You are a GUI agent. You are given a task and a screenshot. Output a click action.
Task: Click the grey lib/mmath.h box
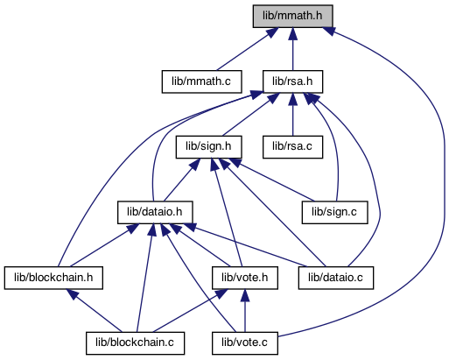(x=292, y=17)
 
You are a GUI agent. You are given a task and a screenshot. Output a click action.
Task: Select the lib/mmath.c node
(x=201, y=81)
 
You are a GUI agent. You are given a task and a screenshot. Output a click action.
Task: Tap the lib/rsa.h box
(x=292, y=81)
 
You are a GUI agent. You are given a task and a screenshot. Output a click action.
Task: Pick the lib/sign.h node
(x=208, y=147)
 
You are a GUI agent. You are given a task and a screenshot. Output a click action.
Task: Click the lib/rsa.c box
(x=292, y=147)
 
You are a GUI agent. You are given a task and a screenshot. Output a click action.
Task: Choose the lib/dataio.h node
(x=155, y=213)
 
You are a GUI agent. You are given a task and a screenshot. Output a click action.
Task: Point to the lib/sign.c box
(x=334, y=213)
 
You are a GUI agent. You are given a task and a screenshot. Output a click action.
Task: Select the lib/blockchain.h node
(x=53, y=278)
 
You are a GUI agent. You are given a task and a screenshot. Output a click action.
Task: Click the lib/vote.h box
(x=245, y=278)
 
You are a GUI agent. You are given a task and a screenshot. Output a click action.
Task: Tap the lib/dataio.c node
(x=336, y=278)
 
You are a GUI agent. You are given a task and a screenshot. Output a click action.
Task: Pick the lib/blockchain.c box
(x=135, y=343)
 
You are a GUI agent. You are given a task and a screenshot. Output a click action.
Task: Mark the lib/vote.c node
(x=245, y=343)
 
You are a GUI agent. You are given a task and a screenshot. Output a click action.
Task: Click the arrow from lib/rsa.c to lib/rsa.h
(x=292, y=115)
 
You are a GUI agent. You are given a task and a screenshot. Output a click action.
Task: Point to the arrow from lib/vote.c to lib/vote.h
(x=245, y=311)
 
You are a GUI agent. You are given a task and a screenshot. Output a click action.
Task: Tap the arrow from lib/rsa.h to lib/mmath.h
(x=292, y=49)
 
